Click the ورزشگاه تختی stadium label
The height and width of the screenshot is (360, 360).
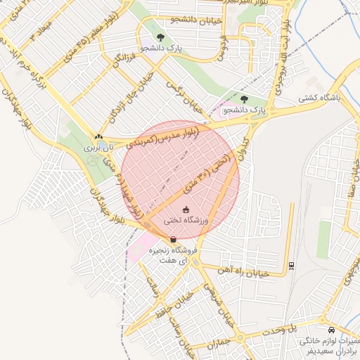186,220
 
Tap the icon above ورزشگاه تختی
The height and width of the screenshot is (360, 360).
186,210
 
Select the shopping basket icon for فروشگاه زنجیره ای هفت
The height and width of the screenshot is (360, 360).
173,239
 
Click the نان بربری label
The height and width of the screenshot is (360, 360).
98,148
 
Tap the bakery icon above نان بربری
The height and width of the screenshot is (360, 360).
98,138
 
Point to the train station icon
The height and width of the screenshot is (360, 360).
291,266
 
